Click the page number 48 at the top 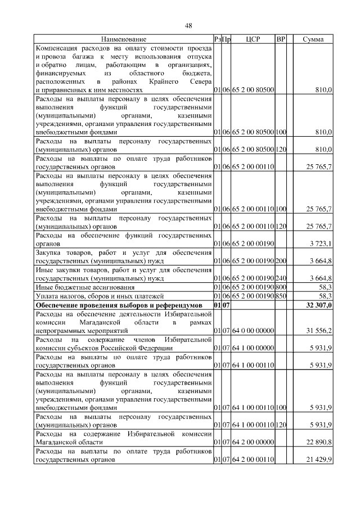pyautogui.click(x=188, y=25)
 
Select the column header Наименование pyautogui.click(x=124, y=39)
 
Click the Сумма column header pyautogui.click(x=313, y=39)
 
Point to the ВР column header pyautogui.click(x=281, y=39)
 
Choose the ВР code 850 pyautogui.click(x=281, y=296)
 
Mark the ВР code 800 pyautogui.click(x=281, y=287)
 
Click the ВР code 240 pyautogui.click(x=281, y=278)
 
